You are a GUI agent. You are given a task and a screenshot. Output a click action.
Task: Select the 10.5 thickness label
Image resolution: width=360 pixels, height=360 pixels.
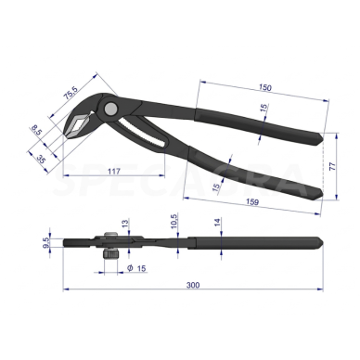(x=174, y=222)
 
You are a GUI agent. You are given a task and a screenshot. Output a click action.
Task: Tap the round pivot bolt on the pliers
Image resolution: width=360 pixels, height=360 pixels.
(x=111, y=109)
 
